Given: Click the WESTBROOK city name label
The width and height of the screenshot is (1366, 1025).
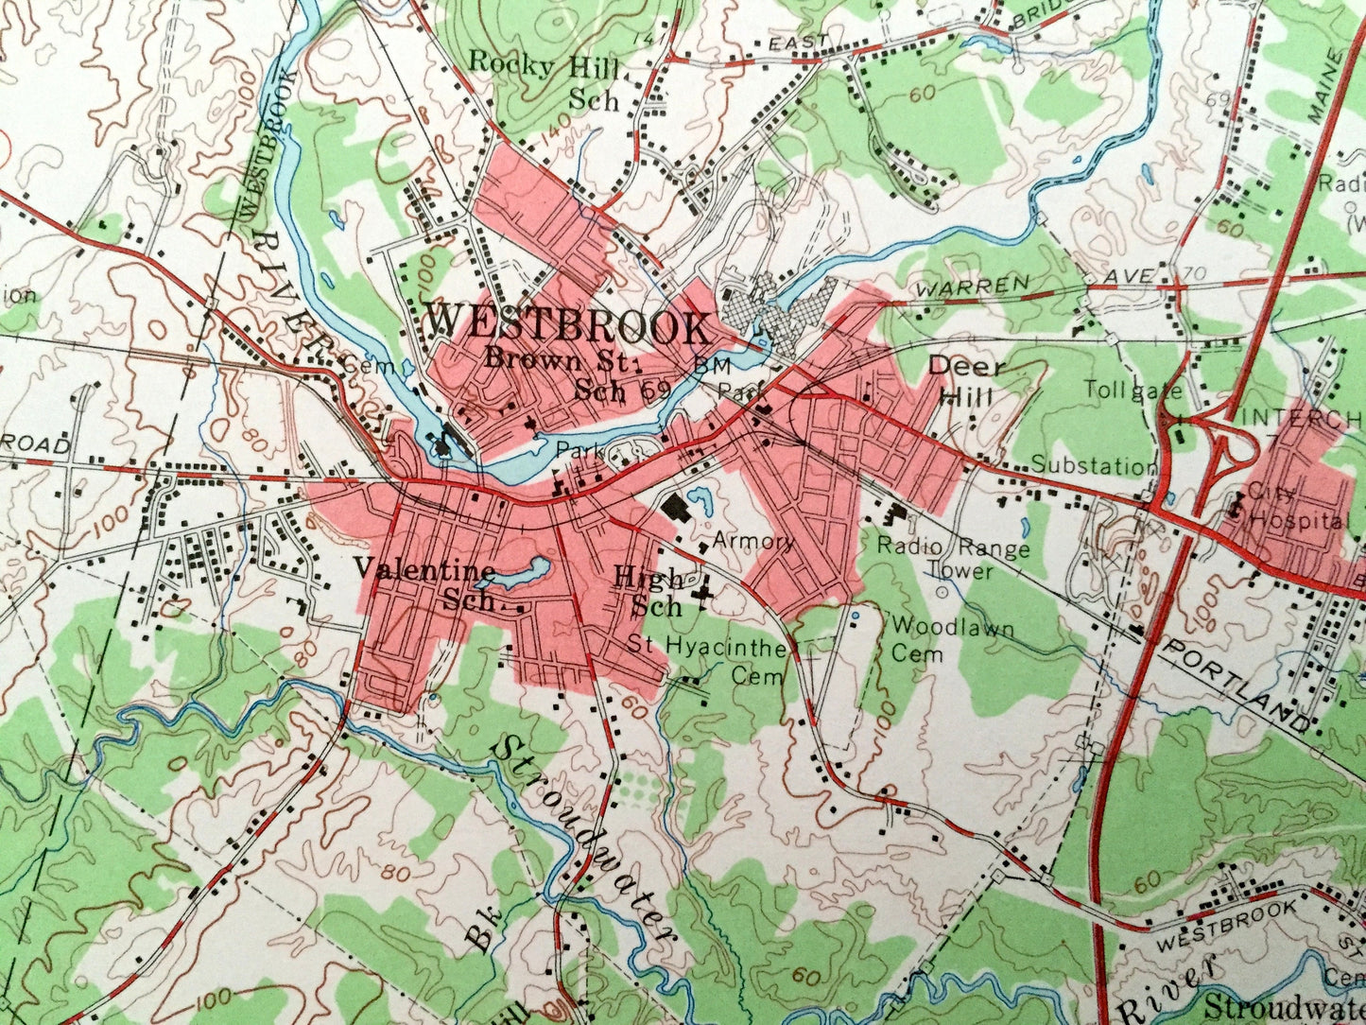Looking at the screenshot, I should [x=567, y=326].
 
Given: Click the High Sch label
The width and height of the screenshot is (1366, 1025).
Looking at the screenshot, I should [x=648, y=590].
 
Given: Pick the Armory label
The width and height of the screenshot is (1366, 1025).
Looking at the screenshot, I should [x=753, y=541].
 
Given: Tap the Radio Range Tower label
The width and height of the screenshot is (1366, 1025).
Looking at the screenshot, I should [x=953, y=558].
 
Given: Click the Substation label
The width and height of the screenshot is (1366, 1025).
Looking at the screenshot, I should [x=1093, y=465].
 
